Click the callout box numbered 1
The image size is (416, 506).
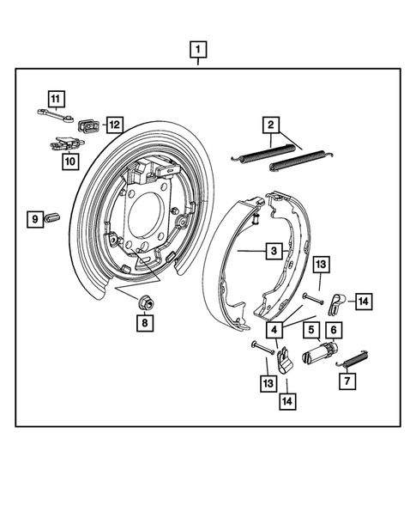pyautogui.click(x=198, y=48)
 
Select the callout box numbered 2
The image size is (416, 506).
pyautogui.click(x=272, y=125)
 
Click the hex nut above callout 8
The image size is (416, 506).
pyautogui.click(x=115, y=125)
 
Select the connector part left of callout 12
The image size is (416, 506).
pyautogui.click(x=88, y=127)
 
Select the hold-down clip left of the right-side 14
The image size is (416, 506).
pyautogui.click(x=338, y=300)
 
